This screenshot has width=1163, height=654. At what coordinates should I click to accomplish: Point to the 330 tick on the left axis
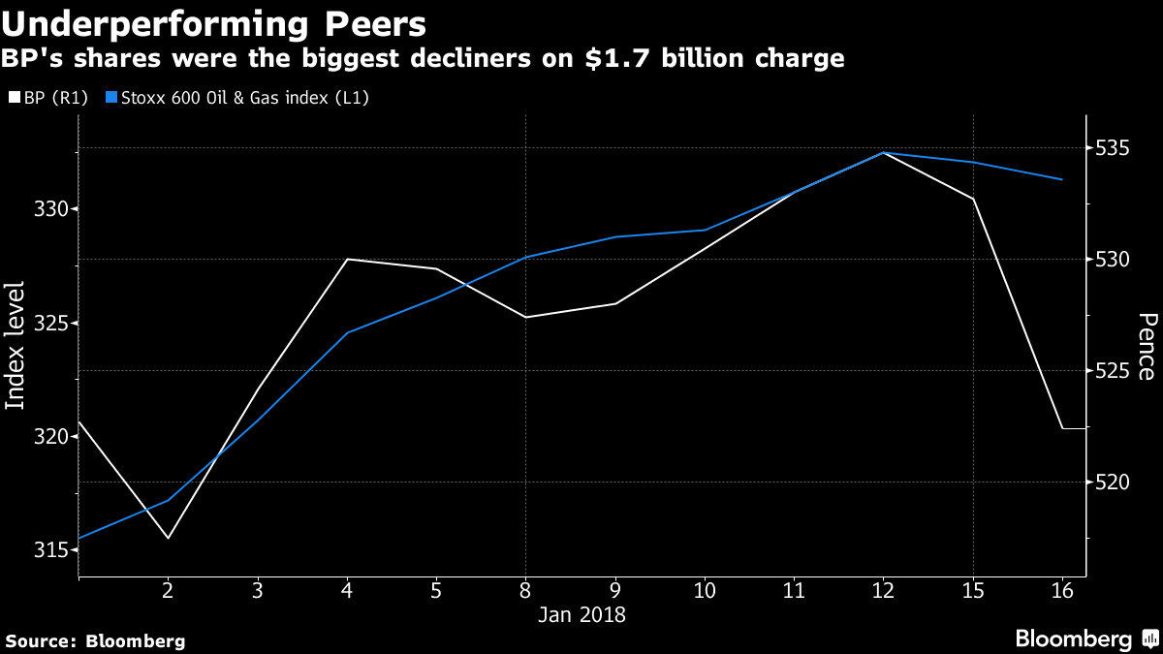pyautogui.click(x=47, y=209)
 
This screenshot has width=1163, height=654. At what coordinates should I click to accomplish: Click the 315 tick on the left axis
pyautogui.click(x=47, y=549)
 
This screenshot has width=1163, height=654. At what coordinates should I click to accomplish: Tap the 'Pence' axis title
pyautogui.click(x=1146, y=346)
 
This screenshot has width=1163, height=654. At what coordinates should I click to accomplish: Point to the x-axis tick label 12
pyautogui.click(x=883, y=590)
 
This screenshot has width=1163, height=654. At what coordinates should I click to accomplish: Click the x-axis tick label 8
pyautogui.click(x=525, y=590)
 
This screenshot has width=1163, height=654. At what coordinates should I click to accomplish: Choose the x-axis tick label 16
pyautogui.click(x=1062, y=590)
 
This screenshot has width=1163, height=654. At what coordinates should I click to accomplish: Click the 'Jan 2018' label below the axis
pyautogui.click(x=582, y=614)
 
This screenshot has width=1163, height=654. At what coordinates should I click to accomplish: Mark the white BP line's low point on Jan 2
pyautogui.click(x=168, y=538)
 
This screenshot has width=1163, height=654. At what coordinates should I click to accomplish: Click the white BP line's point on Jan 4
pyautogui.click(x=347, y=259)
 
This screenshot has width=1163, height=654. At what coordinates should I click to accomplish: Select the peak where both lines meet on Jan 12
pyautogui.click(x=883, y=152)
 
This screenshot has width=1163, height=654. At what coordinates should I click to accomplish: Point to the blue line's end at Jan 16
pyautogui.click(x=1062, y=179)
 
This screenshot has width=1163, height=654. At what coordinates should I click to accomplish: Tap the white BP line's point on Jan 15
pyautogui.click(x=973, y=199)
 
